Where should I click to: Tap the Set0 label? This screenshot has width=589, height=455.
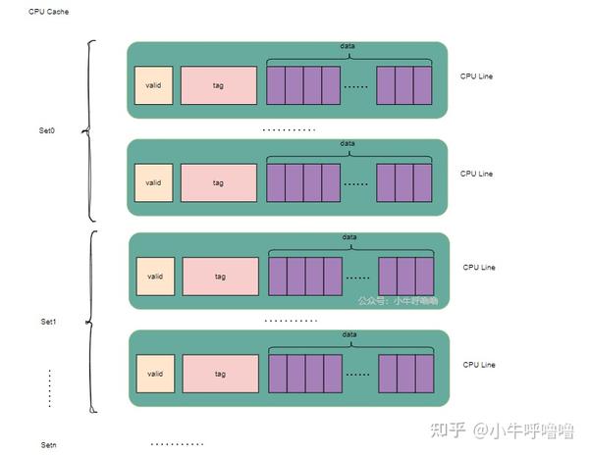tap(47, 129)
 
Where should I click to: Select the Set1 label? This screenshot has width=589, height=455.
tap(49, 322)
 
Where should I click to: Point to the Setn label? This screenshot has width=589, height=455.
tap(49, 445)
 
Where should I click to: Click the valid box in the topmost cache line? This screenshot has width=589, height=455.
tap(153, 84)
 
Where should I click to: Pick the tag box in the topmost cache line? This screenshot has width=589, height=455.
tap(217, 84)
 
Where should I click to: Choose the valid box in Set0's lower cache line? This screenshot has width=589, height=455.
tap(153, 182)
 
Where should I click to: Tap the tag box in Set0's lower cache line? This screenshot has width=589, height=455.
tap(217, 182)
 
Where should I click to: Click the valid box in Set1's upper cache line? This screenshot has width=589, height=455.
tap(155, 277)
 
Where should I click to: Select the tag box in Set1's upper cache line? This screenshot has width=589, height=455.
tap(220, 277)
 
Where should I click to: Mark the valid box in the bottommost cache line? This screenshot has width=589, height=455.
tap(155, 374)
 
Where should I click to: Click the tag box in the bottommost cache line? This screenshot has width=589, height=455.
tap(220, 374)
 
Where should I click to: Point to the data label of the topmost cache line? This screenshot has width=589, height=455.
tap(348, 46)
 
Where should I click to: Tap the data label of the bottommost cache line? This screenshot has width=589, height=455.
tap(350, 334)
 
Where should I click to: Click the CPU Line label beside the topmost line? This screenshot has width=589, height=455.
tap(477, 76)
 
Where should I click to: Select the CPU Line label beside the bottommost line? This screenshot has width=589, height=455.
tap(479, 365)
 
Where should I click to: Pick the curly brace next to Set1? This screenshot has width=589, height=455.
tap(91, 321)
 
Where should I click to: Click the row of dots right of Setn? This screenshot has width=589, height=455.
tap(177, 444)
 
